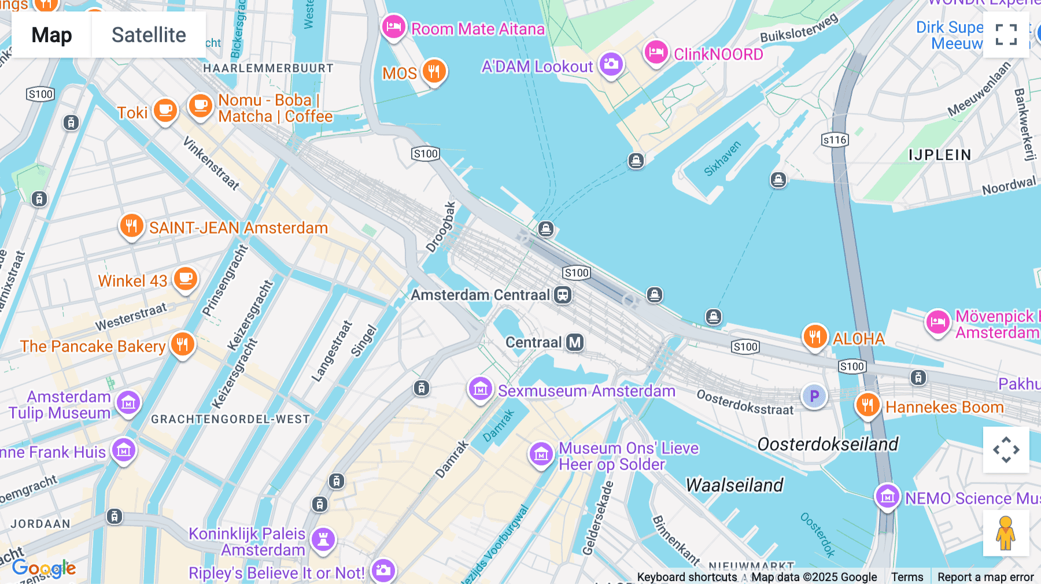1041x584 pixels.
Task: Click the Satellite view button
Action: click(149, 35)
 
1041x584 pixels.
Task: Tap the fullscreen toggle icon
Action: click(1006, 35)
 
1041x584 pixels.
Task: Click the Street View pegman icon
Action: click(1006, 533)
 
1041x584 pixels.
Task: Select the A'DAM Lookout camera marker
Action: click(611, 64)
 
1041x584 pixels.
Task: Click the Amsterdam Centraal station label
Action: click(480, 295)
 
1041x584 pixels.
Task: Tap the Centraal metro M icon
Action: click(575, 342)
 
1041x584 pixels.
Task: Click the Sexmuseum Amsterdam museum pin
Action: click(481, 389)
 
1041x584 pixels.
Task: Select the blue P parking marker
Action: click(814, 396)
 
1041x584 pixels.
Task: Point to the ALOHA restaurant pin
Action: click(815, 336)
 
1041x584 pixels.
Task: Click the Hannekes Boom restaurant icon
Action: click(867, 405)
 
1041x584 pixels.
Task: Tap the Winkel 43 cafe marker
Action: click(186, 279)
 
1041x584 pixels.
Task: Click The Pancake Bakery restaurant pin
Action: click(183, 344)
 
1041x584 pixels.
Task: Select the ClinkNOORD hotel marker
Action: click(656, 53)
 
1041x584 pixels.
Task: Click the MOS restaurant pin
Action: click(434, 72)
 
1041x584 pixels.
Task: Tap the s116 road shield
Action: click(835, 139)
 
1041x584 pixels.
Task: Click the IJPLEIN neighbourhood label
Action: click(939, 155)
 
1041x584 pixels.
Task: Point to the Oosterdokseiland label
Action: click(828, 444)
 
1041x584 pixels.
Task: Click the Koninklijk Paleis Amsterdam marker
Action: click(323, 539)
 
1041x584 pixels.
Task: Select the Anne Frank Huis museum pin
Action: click(124, 450)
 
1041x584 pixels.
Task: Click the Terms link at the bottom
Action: click(907, 576)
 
